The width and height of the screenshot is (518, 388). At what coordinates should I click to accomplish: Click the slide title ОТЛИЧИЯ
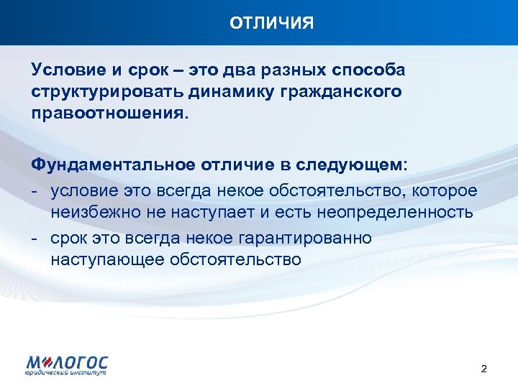click(272, 23)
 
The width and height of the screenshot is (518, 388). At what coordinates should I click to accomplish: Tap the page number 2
click(483, 369)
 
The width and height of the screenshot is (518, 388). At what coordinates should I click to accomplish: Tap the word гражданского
click(342, 93)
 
